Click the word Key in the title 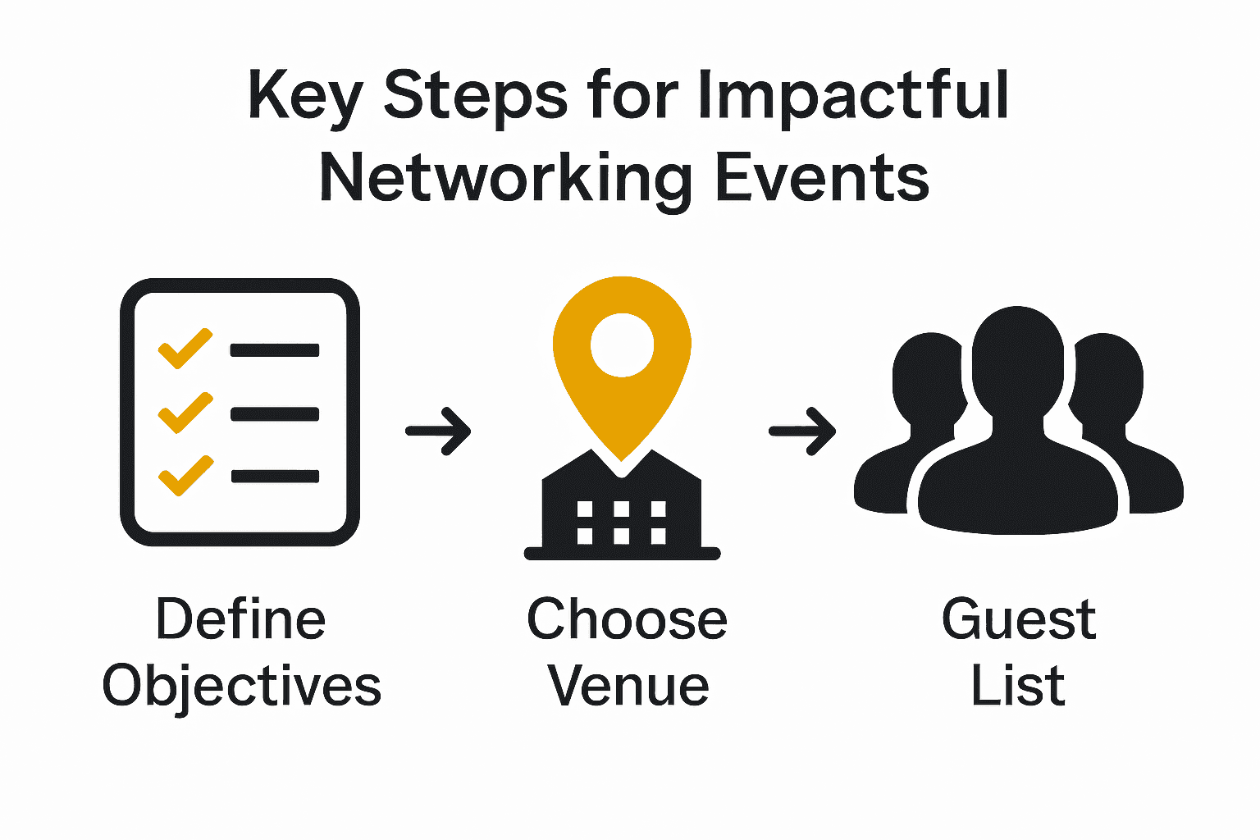pyautogui.click(x=304, y=96)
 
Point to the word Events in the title pyautogui.click(x=822, y=178)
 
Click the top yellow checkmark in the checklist pyautogui.click(x=185, y=349)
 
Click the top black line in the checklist pyautogui.click(x=275, y=350)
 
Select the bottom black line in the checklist pyautogui.click(x=275, y=476)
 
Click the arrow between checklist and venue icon pyautogui.click(x=439, y=430)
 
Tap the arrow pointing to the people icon pyautogui.click(x=802, y=431)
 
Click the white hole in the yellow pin pyautogui.click(x=622, y=345)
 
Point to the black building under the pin pyautogui.click(x=622, y=517)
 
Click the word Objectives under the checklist pyautogui.click(x=242, y=687)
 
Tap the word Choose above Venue pyautogui.click(x=627, y=619)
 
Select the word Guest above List pyautogui.click(x=1018, y=619)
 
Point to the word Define pyautogui.click(x=241, y=619)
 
